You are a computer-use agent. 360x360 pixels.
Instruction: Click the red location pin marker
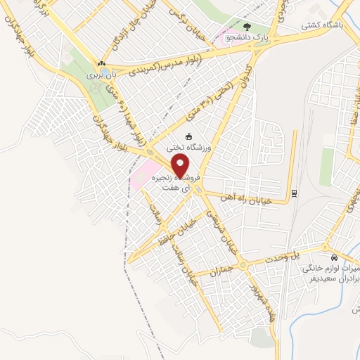[x=181, y=166]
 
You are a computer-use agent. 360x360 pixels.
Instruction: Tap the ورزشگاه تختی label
[x=188, y=148]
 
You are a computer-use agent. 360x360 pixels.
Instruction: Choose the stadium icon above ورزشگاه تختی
[x=188, y=136]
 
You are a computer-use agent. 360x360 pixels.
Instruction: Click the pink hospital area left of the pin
[x=143, y=173]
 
